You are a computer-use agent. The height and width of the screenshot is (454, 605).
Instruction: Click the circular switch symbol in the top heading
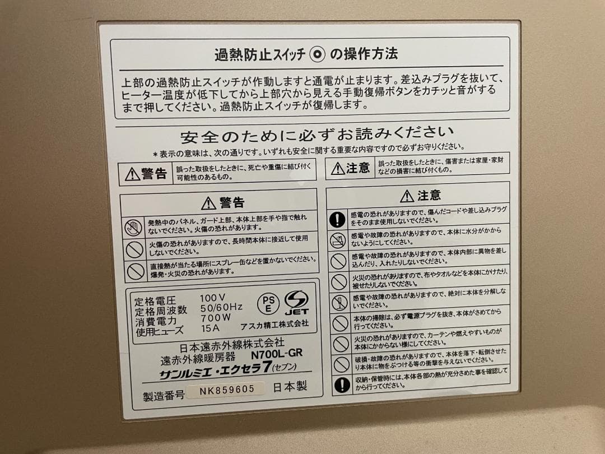coord(318,54)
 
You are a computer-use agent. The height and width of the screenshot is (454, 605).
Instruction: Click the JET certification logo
coord(296,303)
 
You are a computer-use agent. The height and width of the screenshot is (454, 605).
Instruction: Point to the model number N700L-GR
coord(277,354)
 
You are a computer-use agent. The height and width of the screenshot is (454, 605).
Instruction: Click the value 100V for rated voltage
coord(213,297)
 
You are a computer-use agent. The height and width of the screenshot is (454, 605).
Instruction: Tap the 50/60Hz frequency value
coord(221,307)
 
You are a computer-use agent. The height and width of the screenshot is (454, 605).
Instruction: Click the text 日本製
coord(290,387)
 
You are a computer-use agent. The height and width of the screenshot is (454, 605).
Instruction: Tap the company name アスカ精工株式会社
coord(274,323)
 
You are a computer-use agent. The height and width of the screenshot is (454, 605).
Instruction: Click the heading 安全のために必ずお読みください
coord(317,135)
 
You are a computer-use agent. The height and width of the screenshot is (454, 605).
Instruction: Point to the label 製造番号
coord(163,395)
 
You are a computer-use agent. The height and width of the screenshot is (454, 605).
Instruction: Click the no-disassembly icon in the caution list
coord(339,303)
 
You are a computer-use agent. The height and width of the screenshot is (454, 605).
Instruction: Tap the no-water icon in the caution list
coord(338,241)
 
